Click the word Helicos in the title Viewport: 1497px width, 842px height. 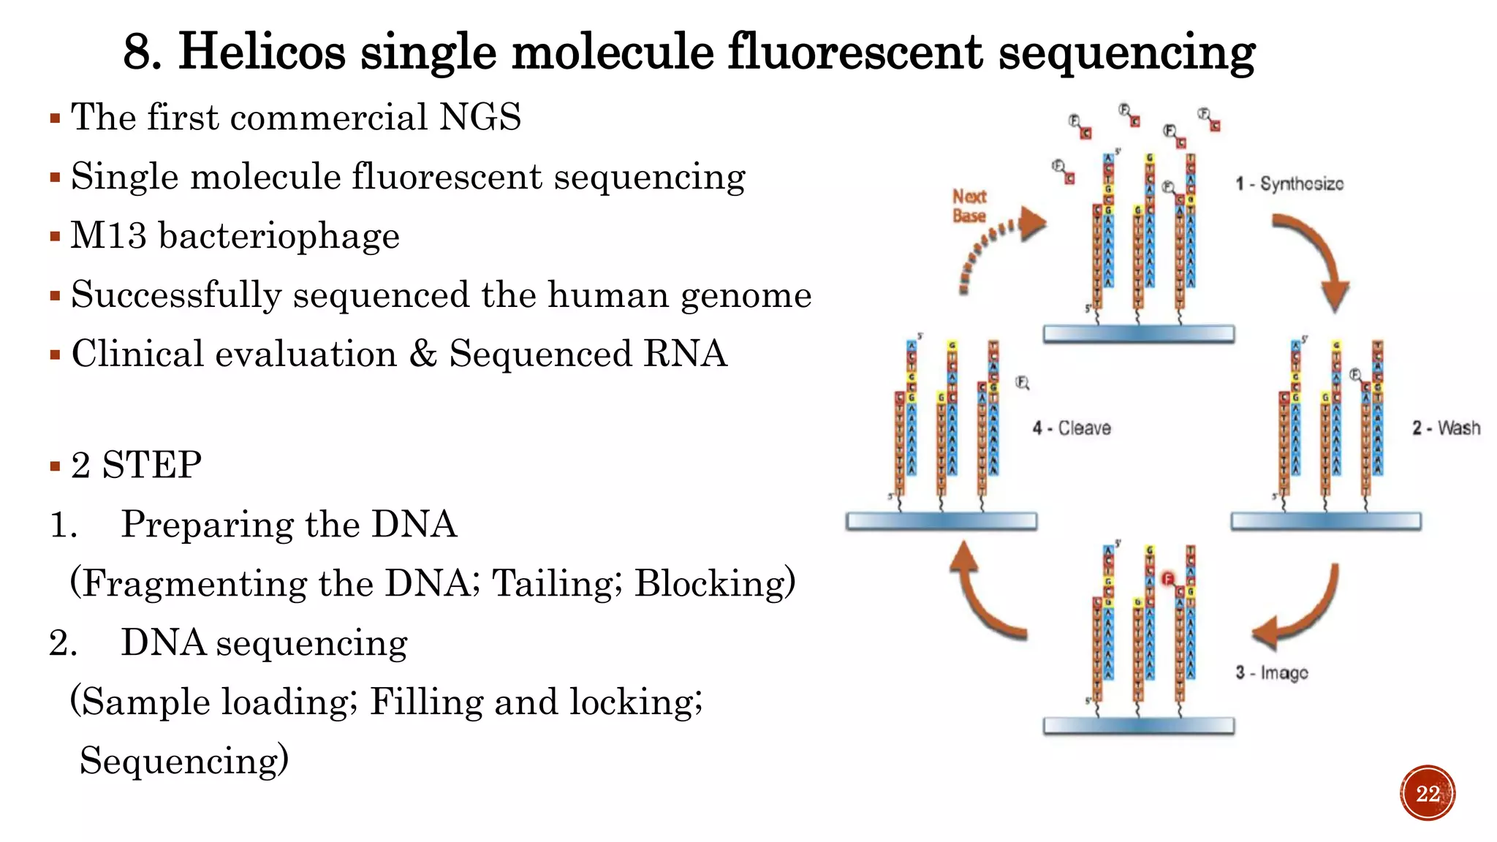click(x=261, y=53)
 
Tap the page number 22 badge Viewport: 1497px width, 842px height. click(x=1428, y=793)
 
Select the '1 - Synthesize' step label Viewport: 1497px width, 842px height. click(x=1289, y=183)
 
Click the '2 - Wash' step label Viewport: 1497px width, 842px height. click(x=1446, y=428)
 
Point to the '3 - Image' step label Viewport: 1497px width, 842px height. click(x=1271, y=672)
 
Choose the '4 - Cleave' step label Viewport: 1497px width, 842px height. click(x=1072, y=428)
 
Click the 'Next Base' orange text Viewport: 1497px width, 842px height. click(x=969, y=205)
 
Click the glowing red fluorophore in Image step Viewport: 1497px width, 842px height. click(x=1167, y=580)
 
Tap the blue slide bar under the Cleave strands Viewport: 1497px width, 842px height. click(x=941, y=521)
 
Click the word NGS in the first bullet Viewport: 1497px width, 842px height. click(x=480, y=117)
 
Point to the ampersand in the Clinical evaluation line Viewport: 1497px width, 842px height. click(x=422, y=354)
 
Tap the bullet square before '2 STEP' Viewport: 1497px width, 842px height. click(x=55, y=466)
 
